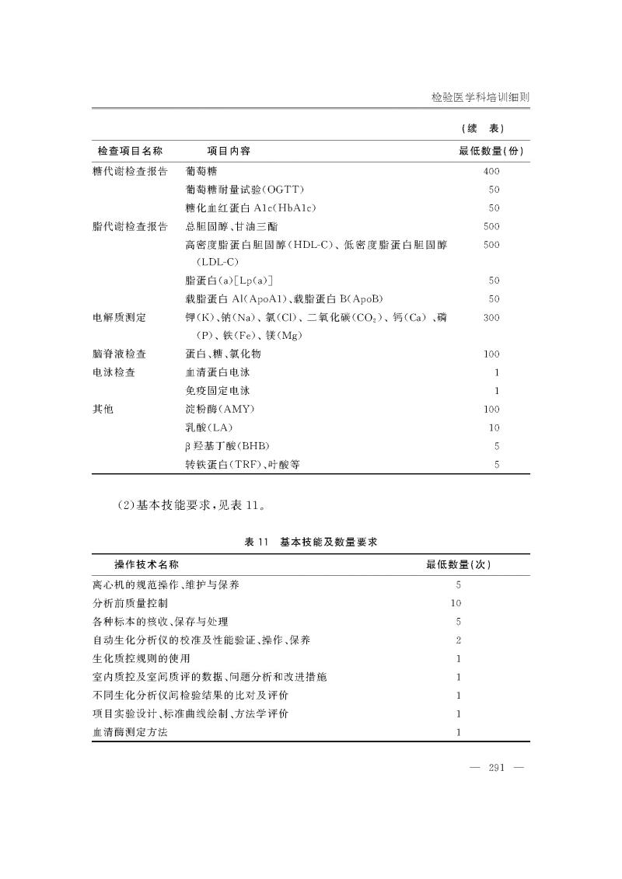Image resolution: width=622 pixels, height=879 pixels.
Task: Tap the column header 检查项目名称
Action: (x=130, y=151)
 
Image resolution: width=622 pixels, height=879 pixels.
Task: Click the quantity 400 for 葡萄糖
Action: (x=491, y=170)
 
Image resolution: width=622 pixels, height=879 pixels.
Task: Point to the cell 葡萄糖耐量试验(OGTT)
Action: (x=244, y=189)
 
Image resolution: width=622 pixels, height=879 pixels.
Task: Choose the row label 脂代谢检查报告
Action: (x=130, y=227)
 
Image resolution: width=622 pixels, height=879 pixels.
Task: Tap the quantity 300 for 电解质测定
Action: (x=491, y=318)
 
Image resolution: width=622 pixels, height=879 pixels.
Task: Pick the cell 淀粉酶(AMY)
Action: (x=220, y=410)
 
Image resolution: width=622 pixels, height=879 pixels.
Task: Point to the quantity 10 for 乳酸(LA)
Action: (x=494, y=428)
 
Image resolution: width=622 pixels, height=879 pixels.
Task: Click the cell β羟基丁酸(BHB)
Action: (x=226, y=447)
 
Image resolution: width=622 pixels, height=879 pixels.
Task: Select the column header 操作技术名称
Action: (x=152, y=564)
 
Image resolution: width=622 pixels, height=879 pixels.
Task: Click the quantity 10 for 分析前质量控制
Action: (x=456, y=602)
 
